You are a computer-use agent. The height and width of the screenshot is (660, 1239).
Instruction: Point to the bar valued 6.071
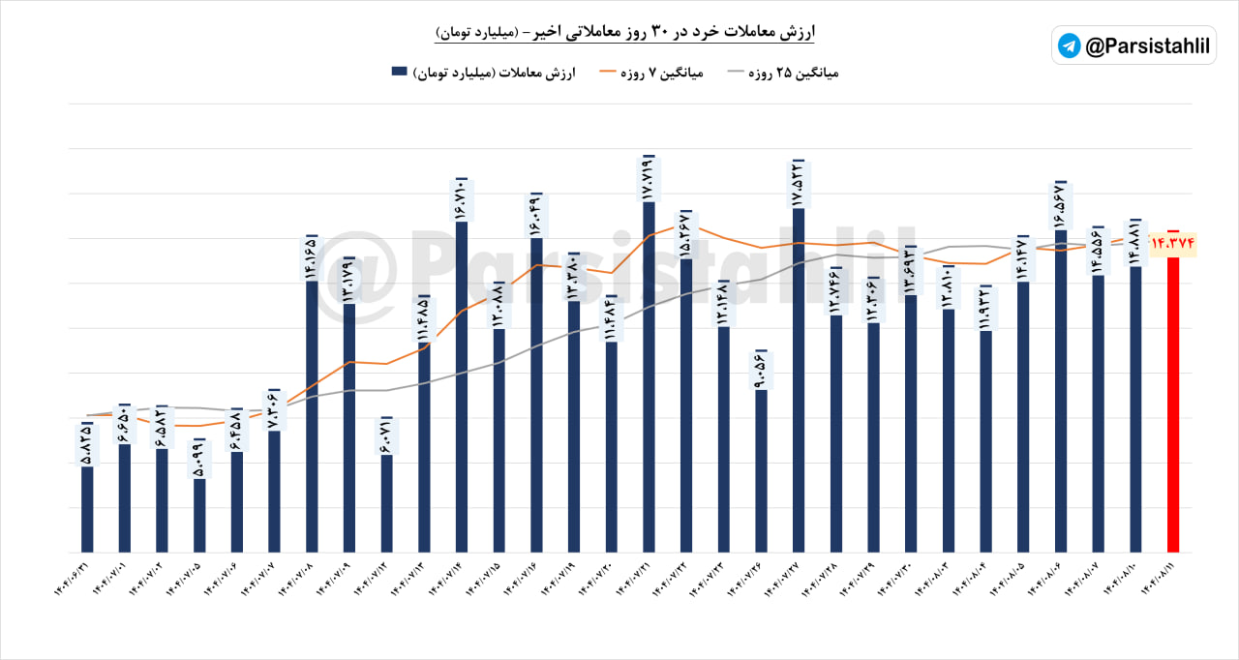click(386, 503)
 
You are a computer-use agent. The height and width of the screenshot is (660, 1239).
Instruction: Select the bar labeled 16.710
click(461, 387)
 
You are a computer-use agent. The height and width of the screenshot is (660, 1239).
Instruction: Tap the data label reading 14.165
click(312, 257)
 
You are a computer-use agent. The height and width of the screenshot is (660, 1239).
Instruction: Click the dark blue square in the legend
click(399, 73)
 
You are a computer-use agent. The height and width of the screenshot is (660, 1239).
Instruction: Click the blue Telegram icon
click(1069, 45)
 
